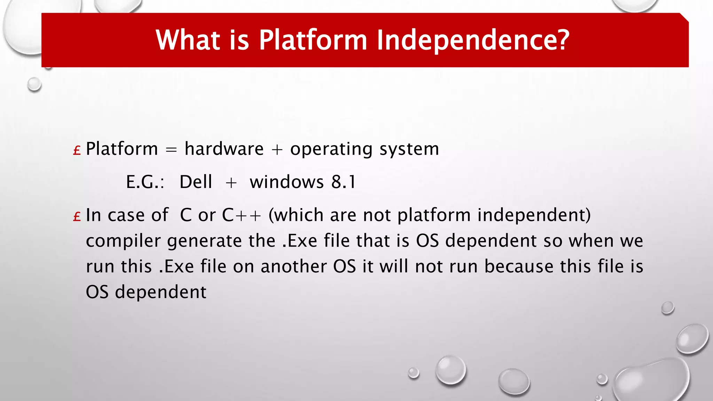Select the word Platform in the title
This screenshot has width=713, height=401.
click(313, 40)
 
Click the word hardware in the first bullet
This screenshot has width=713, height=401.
click(224, 149)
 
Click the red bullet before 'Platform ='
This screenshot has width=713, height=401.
click(77, 150)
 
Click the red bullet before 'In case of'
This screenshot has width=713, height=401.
click(77, 217)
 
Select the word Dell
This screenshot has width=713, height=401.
click(196, 182)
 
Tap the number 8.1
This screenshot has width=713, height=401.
click(344, 182)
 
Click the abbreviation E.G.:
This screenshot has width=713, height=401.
click(145, 182)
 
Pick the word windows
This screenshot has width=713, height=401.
click(287, 182)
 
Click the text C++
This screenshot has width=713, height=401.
click(241, 215)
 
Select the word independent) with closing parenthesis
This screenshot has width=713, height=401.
click(534, 215)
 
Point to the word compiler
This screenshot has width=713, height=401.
click(123, 241)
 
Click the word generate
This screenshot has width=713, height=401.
click(204, 241)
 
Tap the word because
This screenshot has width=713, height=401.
click(519, 267)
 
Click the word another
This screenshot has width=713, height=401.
click(293, 267)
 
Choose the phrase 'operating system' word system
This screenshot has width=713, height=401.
click(409, 149)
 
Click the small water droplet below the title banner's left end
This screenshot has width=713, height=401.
click(34, 84)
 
